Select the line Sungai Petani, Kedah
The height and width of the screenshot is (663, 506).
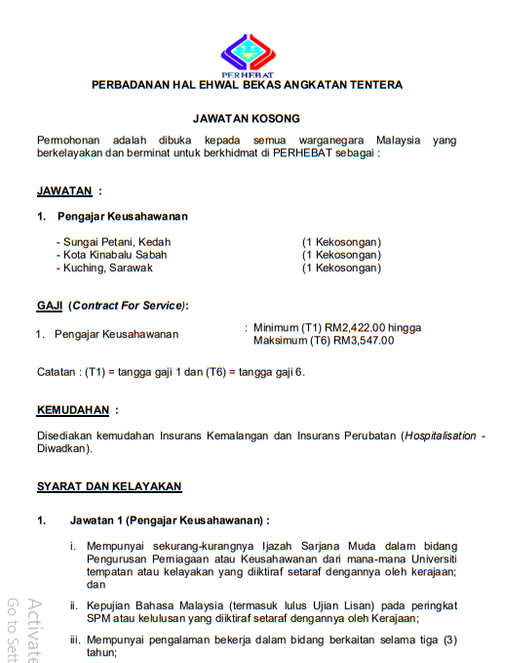point(115,241)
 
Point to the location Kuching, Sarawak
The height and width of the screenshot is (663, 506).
point(107,268)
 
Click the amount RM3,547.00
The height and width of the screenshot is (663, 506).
point(364,341)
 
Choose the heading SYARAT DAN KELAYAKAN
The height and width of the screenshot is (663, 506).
point(109,486)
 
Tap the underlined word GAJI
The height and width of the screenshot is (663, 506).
point(50,306)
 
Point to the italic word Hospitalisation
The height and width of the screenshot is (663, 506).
point(442,435)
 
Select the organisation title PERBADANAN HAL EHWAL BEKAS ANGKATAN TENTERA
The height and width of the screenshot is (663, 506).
point(247,86)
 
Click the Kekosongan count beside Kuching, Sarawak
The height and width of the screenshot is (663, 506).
point(341,268)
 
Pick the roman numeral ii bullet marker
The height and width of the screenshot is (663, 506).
point(73,604)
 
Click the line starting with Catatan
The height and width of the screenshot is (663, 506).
point(170,372)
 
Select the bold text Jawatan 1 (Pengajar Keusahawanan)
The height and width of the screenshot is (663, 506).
point(168,520)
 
